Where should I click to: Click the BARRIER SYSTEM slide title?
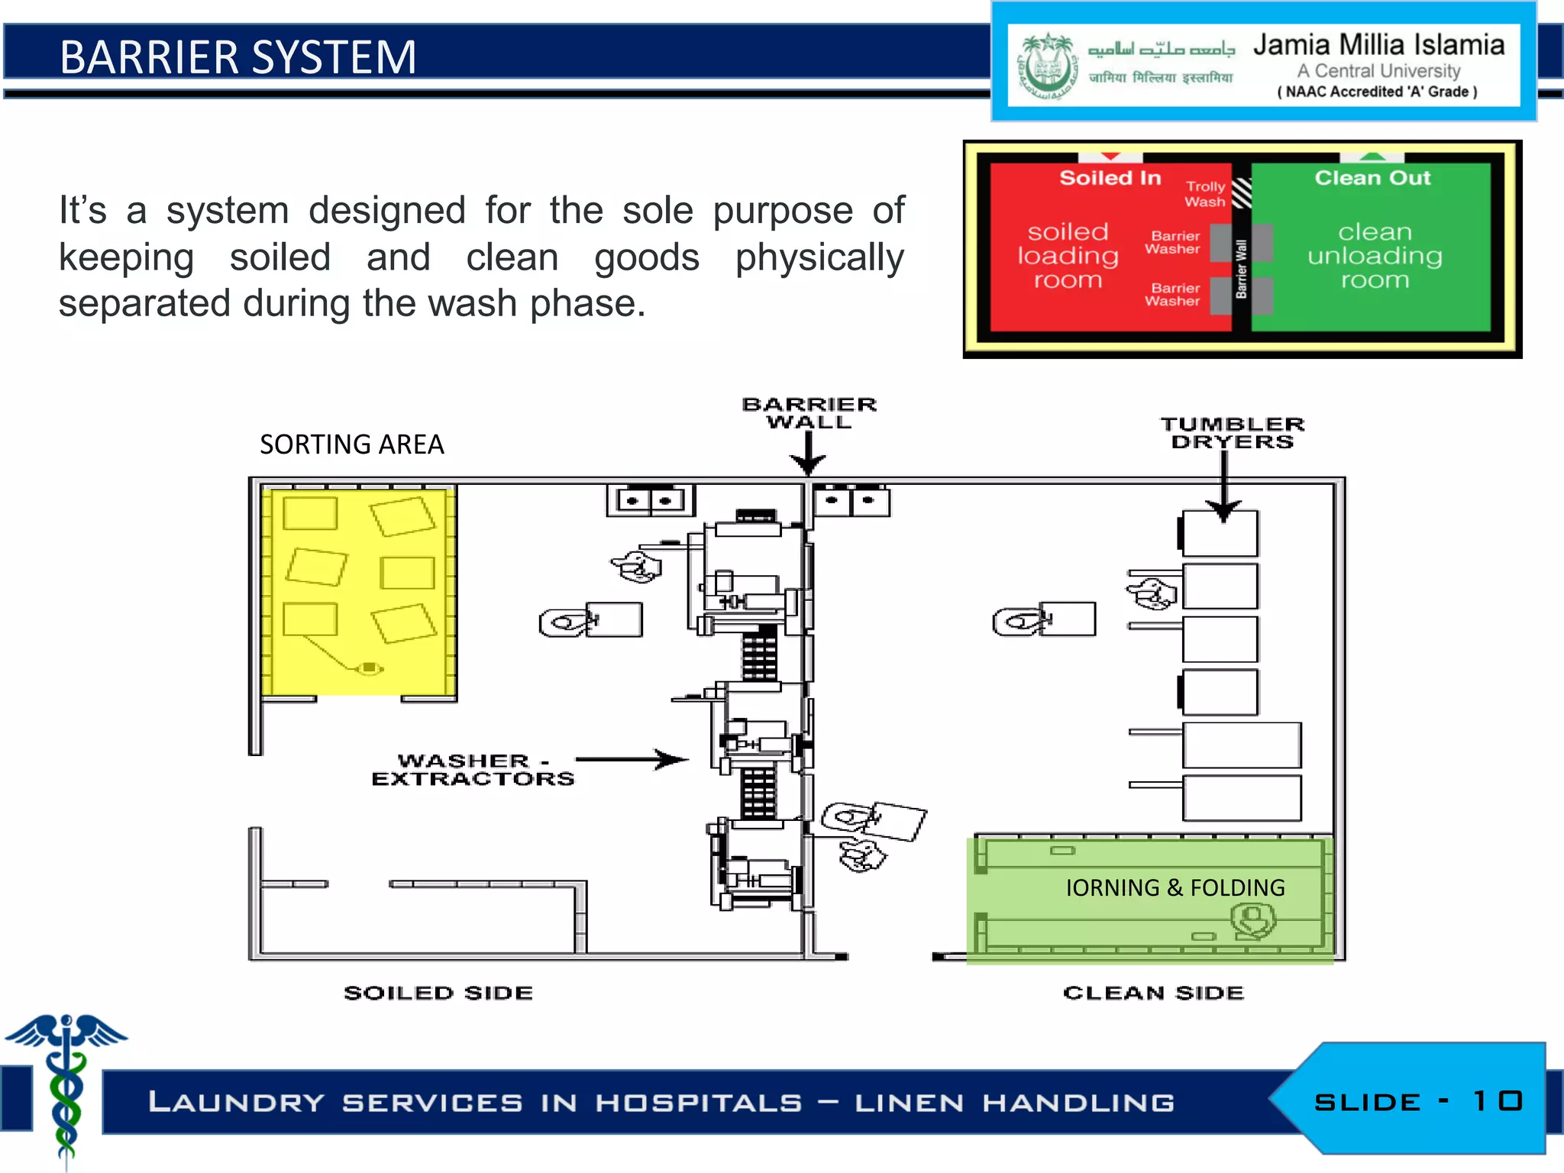point(238,57)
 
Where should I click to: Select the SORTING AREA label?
point(351,444)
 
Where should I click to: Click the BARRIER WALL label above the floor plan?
point(809,413)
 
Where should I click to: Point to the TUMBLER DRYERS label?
point(1232,433)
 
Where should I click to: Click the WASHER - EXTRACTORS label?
point(473,770)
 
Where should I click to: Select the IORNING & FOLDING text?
point(1175,887)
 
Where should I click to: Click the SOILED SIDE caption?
point(438,993)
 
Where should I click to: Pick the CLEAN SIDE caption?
point(1153,993)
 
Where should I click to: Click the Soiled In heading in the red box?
point(1110,178)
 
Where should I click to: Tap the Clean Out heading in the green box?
point(1372,178)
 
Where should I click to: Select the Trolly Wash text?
point(1205,194)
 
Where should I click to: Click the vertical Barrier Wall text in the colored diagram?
point(1241,268)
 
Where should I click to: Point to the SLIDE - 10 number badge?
point(1418,1101)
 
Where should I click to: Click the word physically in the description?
point(819,257)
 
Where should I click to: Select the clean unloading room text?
point(1375,256)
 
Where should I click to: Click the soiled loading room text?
point(1068,256)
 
